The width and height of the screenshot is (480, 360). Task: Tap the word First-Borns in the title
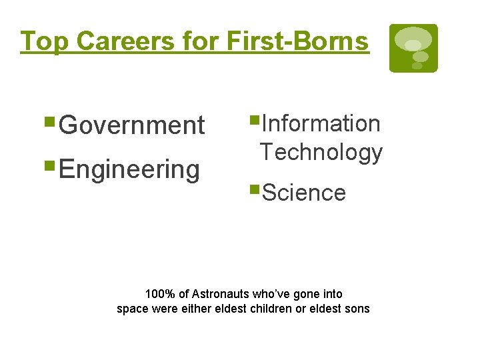pos(297,41)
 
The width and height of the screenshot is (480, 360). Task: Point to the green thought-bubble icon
pos(413,48)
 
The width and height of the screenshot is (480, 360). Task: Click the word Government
pos(132,125)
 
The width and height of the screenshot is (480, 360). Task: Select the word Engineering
pos(129,169)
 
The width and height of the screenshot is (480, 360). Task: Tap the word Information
pos(321,123)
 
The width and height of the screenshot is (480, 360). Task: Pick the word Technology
pos(321,152)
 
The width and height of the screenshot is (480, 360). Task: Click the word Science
pos(304,193)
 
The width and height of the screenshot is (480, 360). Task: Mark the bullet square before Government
pos(51,123)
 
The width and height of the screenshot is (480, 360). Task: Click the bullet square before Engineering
pos(51,167)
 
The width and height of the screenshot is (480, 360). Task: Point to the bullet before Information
pos(254,121)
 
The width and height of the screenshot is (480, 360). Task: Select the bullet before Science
pos(254,191)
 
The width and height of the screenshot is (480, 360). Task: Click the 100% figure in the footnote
pos(158,294)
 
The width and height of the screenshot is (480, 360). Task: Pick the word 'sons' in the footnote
pos(357,309)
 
